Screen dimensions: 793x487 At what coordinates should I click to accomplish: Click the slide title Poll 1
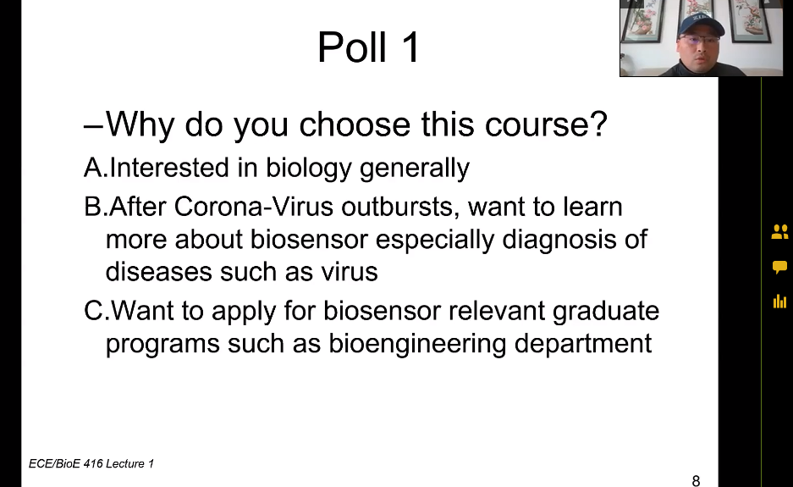[369, 47]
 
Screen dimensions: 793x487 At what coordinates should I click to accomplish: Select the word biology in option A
[309, 169]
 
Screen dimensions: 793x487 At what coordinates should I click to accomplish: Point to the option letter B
[93, 207]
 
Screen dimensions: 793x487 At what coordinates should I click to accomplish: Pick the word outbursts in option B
[400, 207]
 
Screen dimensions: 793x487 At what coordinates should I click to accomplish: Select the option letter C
[94, 310]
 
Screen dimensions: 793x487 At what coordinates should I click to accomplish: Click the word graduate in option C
[606, 311]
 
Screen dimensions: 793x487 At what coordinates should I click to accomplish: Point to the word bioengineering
[417, 344]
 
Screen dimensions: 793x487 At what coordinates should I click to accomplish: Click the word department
[583, 344]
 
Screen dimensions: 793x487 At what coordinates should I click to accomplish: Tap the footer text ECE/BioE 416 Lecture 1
[91, 464]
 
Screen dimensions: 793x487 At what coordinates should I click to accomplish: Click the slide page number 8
[696, 480]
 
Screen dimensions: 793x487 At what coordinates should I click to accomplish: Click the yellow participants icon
[779, 232]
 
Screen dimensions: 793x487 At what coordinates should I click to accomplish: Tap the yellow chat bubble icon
[779, 267]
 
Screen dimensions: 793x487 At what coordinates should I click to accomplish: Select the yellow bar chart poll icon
[779, 302]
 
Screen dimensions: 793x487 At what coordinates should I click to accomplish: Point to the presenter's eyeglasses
[700, 39]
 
